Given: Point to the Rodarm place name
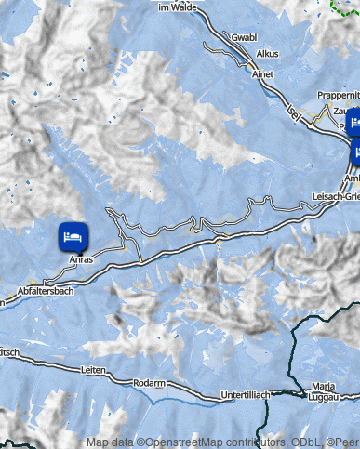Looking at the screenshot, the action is tap(149, 382).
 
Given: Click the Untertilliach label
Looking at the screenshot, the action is tap(245, 395).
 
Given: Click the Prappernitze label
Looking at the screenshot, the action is tap(338, 95).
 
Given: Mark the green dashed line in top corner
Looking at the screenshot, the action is tap(345, 7).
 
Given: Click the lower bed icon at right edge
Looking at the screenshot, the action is tap(355, 149).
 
